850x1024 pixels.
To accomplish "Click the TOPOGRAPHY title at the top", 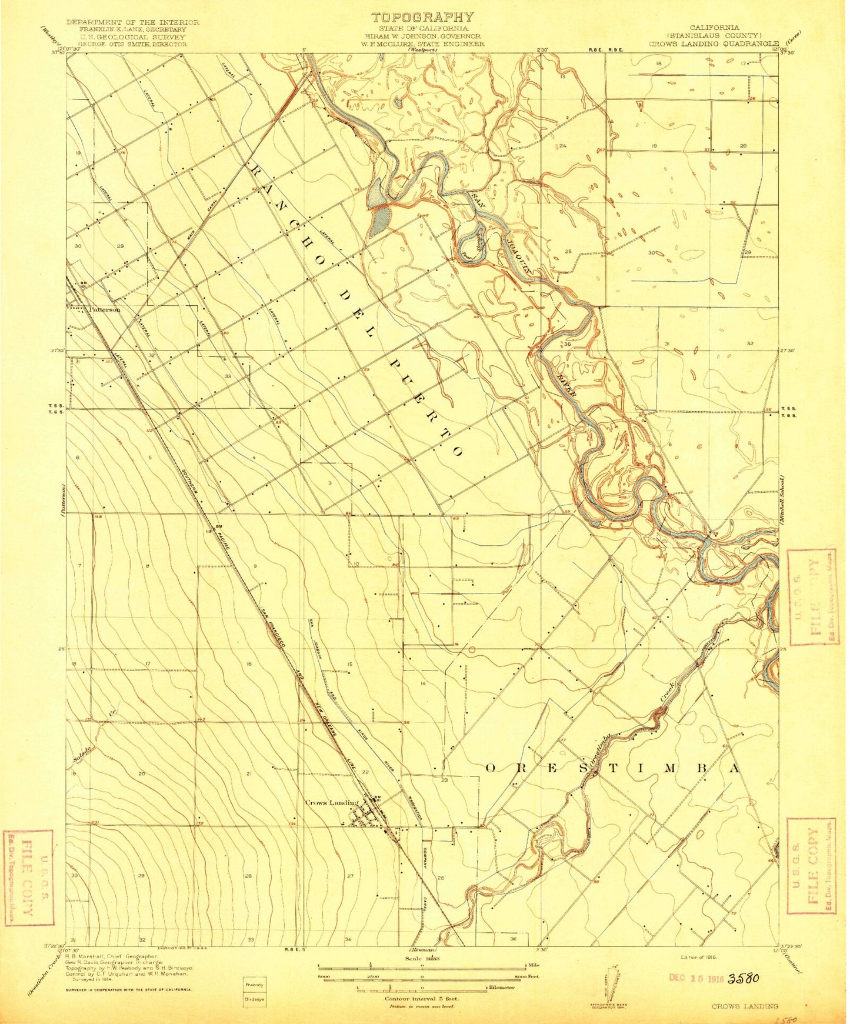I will pyautogui.click(x=423, y=18).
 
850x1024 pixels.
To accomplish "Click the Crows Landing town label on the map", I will pyautogui.click(x=331, y=803).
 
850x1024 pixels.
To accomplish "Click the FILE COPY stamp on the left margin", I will pyautogui.click(x=28, y=877).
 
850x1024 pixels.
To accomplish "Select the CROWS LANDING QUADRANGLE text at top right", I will pyautogui.click(x=714, y=44).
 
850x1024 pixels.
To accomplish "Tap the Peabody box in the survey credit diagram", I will pyautogui.click(x=254, y=984).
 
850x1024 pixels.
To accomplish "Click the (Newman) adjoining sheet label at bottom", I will pyautogui.click(x=422, y=950).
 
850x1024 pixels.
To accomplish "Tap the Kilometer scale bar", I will pyautogui.click(x=422, y=988).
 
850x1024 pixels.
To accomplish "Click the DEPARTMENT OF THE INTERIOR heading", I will pyautogui.click(x=132, y=22).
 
